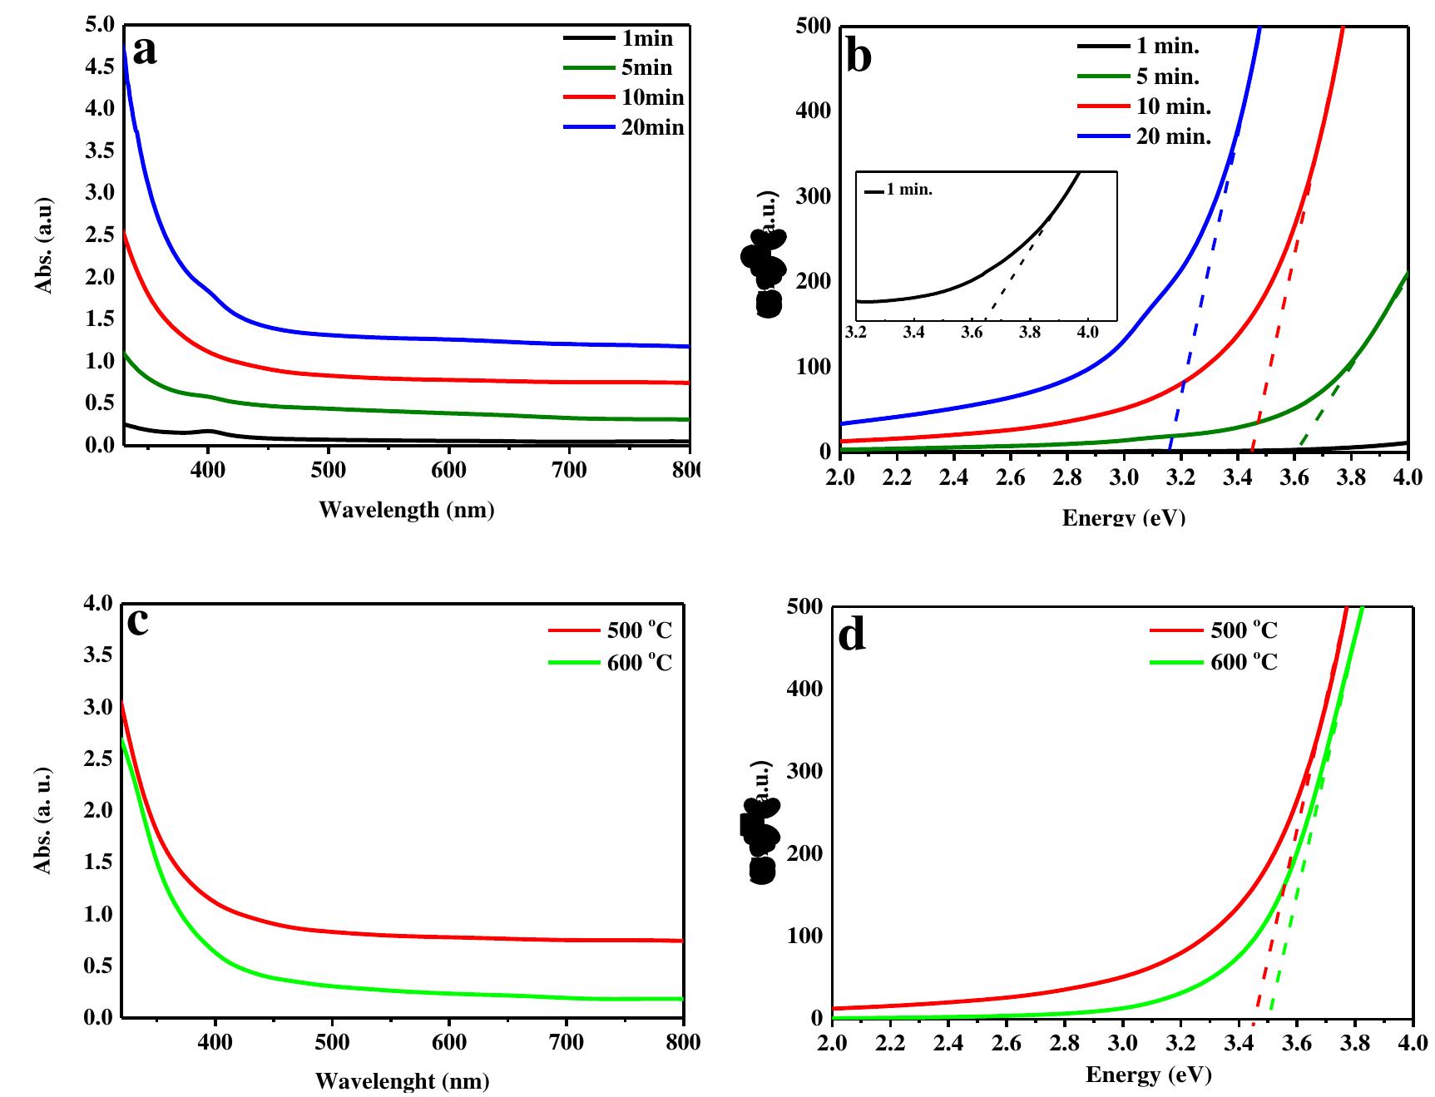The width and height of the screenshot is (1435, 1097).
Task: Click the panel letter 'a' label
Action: coord(145,52)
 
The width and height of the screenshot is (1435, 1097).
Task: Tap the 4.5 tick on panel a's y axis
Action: coord(100,67)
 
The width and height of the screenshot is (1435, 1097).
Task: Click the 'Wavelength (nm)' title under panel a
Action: coord(406,509)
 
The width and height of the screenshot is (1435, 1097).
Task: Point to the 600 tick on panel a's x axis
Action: coord(448,470)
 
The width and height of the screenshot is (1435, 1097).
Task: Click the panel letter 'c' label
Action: coord(138,621)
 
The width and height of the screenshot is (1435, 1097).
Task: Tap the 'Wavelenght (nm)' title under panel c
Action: coord(402,1081)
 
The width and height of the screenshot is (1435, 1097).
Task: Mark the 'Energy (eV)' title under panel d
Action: coord(1148,1075)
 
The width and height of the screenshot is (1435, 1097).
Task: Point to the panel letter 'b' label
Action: coord(858,57)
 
